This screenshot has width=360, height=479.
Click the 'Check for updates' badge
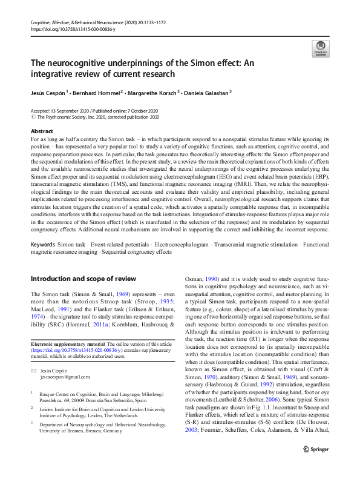coord(320,48)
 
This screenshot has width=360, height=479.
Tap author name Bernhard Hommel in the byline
coord(99,93)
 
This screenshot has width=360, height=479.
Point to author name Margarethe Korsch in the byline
coord(152,93)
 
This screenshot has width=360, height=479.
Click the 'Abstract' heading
coord(42,131)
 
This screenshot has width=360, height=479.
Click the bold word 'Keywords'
coord(44,244)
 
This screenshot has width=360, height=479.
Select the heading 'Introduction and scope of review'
coord(83,279)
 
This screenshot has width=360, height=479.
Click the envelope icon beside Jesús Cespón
coord(34,369)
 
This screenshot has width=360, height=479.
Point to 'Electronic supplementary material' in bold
coord(67,345)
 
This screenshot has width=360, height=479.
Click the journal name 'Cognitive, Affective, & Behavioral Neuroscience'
coord(78,22)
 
